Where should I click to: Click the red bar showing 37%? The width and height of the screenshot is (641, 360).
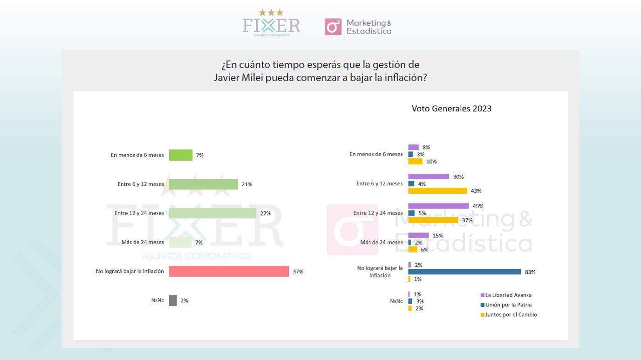pos(229,271)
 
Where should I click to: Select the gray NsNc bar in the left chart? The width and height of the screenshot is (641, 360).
pos(173,300)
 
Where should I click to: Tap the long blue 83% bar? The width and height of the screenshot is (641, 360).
pos(464,272)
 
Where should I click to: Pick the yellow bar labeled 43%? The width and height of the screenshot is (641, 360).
pos(437,190)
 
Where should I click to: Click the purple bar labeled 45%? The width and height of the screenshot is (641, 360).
pos(438,206)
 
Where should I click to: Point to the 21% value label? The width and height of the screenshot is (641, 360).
pos(247,184)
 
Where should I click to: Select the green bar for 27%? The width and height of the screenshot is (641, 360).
pos(212,213)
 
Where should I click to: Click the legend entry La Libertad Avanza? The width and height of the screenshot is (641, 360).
pos(506,295)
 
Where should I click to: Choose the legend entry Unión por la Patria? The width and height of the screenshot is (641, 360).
pos(506,305)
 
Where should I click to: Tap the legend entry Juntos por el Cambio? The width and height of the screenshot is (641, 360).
pos(509,314)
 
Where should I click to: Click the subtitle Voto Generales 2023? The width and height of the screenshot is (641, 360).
pos(451,109)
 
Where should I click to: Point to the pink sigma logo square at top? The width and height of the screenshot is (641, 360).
pos(333,27)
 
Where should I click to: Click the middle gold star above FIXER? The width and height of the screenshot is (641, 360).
pos(271,13)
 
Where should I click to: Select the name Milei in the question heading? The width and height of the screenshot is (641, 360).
pos(252,78)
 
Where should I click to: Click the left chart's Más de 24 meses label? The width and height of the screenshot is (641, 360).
pos(143,242)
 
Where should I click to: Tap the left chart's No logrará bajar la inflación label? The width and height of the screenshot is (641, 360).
pos(130,271)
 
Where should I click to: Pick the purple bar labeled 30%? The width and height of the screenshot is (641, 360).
pos(429,177)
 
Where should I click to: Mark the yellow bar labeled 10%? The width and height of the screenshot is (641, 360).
pos(415,162)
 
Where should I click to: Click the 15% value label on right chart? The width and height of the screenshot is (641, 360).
pos(438,236)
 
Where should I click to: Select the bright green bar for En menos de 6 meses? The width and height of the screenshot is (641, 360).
pos(181,155)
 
